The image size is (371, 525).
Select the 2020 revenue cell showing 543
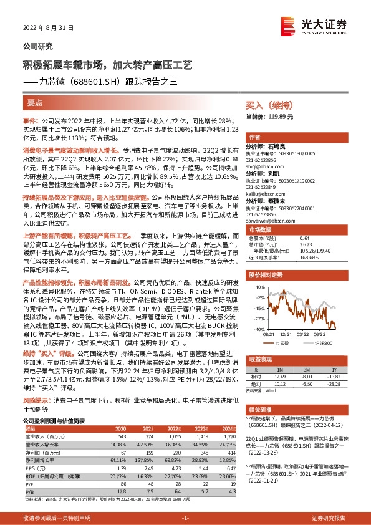point(122,436)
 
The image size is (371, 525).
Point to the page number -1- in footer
point(185,518)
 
